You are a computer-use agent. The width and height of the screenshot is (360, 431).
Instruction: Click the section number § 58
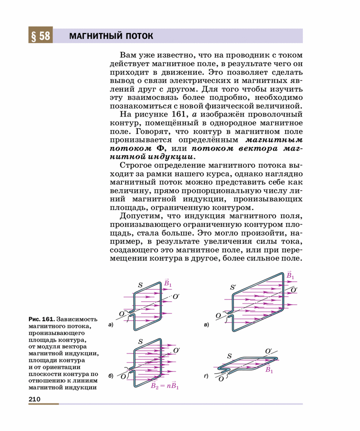coord(41,36)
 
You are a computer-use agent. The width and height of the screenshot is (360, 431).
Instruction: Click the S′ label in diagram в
coord(233,287)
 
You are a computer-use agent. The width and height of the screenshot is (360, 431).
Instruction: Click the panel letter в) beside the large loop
coord(207,325)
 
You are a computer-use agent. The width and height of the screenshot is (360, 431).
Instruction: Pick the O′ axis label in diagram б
coord(176,350)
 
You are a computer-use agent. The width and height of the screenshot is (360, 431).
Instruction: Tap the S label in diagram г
coord(229,356)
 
